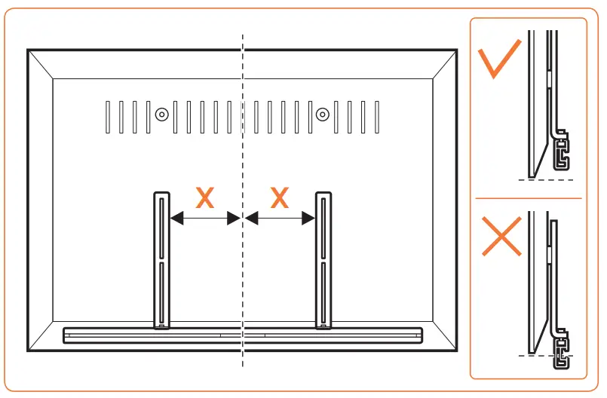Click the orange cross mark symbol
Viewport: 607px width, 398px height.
point(501,237)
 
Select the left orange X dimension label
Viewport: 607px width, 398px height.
point(204,198)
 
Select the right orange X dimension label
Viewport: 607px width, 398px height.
point(280,198)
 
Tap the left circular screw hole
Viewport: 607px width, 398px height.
point(161,115)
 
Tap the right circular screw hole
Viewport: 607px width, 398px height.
point(323,115)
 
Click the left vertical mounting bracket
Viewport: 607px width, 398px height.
point(162,260)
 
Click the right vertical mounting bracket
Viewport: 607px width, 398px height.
point(323,260)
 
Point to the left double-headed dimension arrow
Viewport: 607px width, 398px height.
point(204,219)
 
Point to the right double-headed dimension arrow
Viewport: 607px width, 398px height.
point(280,219)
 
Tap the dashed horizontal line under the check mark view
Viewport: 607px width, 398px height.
point(546,181)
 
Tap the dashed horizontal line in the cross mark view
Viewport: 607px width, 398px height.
point(546,355)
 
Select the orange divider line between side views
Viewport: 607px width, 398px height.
point(528,198)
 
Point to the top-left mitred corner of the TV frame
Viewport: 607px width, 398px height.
point(41,64)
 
